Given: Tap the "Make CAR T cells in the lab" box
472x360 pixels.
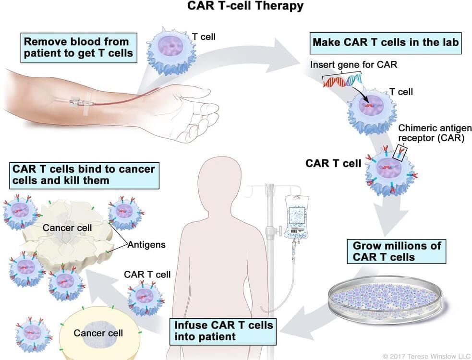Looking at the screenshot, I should click(386, 42).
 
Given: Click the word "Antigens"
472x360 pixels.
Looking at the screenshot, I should click(146, 245).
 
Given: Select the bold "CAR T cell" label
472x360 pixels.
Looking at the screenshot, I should click(333, 164).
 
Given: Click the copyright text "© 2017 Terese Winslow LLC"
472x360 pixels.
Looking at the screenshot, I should click(425, 356).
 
